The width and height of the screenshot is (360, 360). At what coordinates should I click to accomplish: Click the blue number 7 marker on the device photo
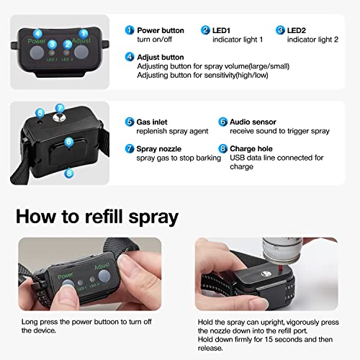tap(60, 108)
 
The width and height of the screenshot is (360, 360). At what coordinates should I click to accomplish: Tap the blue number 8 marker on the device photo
tap(69, 173)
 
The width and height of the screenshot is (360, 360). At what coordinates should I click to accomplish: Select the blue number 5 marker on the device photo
tap(40, 113)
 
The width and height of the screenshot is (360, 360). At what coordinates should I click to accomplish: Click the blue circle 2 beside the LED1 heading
tap(205, 30)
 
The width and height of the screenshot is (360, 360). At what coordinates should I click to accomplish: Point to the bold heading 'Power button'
tap(161, 30)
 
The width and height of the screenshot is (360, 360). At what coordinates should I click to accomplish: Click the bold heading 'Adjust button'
tap(161, 58)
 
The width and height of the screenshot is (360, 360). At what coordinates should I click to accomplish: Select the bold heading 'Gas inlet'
tap(152, 122)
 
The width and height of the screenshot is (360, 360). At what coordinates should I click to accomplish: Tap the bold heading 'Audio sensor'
tap(253, 122)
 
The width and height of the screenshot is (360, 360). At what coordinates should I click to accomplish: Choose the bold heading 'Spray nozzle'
tap(158, 149)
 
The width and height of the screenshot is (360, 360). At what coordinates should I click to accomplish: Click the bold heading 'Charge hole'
tap(251, 149)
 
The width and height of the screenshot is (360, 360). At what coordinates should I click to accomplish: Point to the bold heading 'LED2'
tap(297, 30)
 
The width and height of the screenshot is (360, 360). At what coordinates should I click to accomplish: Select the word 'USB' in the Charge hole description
tap(237, 158)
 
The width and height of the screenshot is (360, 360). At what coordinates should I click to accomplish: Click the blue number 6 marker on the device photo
tap(69, 142)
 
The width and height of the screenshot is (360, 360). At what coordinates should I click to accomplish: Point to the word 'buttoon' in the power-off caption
tap(106, 322)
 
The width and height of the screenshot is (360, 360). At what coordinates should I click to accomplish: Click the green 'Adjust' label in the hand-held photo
tap(102, 266)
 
